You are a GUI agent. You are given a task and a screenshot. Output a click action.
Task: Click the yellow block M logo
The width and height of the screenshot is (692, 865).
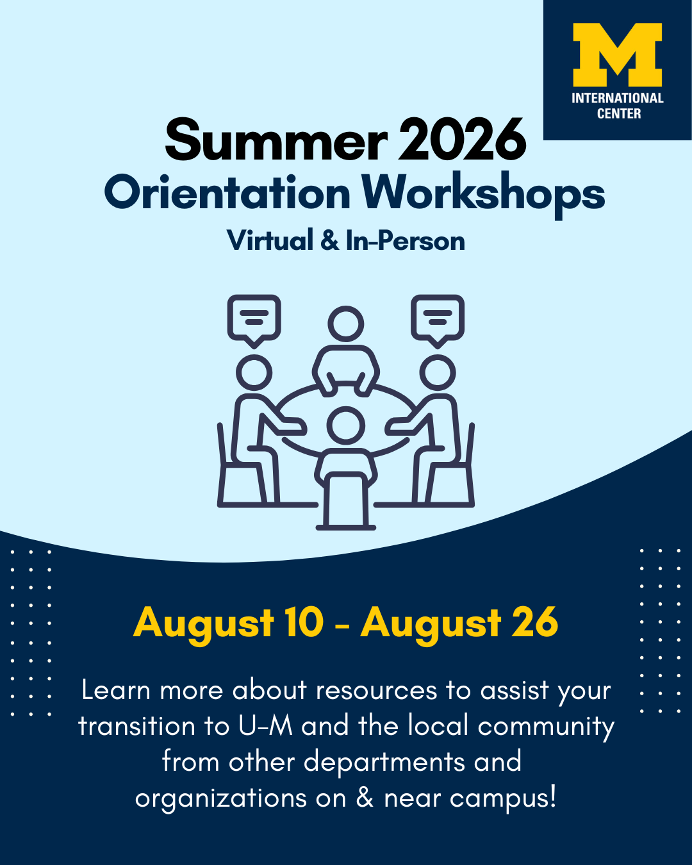(617, 54)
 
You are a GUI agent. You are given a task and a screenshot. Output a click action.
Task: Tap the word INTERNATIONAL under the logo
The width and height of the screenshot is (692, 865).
(618, 98)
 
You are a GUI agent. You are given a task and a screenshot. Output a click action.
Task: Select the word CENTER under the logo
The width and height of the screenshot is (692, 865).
(619, 114)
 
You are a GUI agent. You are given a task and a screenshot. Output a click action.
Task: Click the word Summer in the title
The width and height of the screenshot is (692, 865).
(276, 140)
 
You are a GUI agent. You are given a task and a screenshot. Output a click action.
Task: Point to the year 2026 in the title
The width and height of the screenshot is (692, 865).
(462, 140)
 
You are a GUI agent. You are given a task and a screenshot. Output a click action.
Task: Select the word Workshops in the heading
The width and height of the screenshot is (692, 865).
(483, 194)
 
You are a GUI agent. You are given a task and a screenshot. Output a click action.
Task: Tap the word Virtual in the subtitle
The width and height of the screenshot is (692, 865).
(270, 240)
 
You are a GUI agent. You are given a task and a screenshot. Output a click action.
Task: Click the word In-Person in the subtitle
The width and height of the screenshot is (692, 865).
(406, 240)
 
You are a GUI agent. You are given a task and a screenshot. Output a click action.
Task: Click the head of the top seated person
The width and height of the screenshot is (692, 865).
(346, 324)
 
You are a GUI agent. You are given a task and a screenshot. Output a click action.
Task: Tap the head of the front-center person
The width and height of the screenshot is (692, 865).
(346, 425)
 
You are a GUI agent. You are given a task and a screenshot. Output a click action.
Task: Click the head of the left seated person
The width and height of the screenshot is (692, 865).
(254, 373)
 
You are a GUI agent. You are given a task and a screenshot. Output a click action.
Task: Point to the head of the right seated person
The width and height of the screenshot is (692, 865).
(438, 373)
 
